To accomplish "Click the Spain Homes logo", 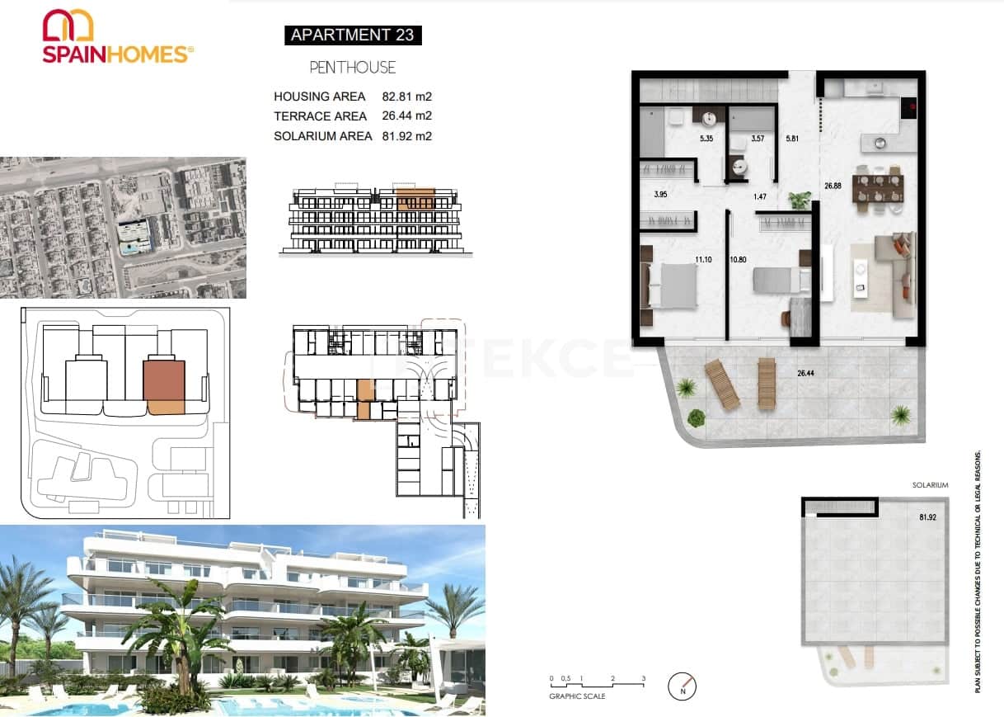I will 117,36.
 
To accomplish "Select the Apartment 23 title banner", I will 353,35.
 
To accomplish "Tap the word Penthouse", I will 353,68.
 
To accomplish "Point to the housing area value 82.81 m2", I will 406,97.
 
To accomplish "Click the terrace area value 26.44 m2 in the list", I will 406,116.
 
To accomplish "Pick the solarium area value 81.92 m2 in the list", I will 406,136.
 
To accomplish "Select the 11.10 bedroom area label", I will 703,260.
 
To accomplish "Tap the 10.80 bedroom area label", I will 739,260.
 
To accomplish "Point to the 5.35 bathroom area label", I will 706,139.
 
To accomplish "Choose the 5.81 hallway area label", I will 792,139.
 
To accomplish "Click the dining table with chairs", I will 878,186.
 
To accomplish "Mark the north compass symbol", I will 683,685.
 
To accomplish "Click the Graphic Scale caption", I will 577,696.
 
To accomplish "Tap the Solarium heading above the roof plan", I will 930,485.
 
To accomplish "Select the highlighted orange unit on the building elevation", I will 415,199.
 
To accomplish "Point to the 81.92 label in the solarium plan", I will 928,518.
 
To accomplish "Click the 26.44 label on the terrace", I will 808,373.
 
